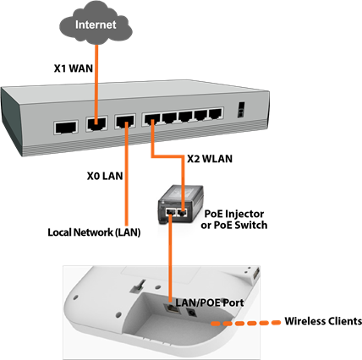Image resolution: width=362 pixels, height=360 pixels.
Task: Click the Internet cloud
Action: point(96,24)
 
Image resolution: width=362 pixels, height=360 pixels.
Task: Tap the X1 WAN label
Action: point(74,68)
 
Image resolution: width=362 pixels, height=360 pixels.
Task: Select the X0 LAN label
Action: point(105,176)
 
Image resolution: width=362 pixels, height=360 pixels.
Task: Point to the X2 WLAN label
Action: point(210,159)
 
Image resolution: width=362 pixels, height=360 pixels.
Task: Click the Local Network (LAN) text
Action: point(94,232)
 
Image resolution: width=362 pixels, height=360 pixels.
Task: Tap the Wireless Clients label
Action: point(323,321)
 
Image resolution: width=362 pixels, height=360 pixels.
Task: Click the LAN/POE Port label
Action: point(210,303)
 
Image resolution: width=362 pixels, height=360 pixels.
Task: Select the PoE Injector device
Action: point(180,205)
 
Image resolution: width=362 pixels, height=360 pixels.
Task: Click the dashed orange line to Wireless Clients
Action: point(246,323)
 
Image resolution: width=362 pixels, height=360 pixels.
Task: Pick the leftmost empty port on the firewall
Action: point(66,128)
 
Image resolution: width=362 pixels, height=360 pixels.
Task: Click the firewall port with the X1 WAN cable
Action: point(96,123)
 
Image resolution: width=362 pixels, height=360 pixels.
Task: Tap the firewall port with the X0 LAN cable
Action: point(125,122)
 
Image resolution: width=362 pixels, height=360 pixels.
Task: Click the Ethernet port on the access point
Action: point(172,308)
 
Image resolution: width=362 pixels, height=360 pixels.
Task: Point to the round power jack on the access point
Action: point(192,312)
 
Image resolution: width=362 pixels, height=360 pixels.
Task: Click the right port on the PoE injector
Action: point(183,213)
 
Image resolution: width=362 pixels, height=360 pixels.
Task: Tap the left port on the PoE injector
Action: point(170,211)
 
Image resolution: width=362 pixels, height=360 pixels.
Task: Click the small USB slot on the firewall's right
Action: point(240,110)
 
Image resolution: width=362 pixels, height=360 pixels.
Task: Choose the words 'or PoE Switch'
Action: point(234,226)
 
